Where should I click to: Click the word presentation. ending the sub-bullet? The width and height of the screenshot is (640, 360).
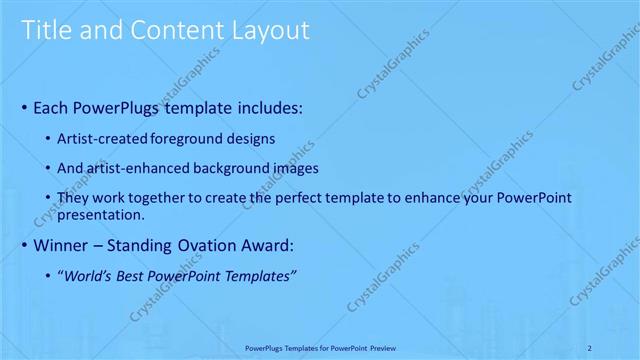point(102,214)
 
